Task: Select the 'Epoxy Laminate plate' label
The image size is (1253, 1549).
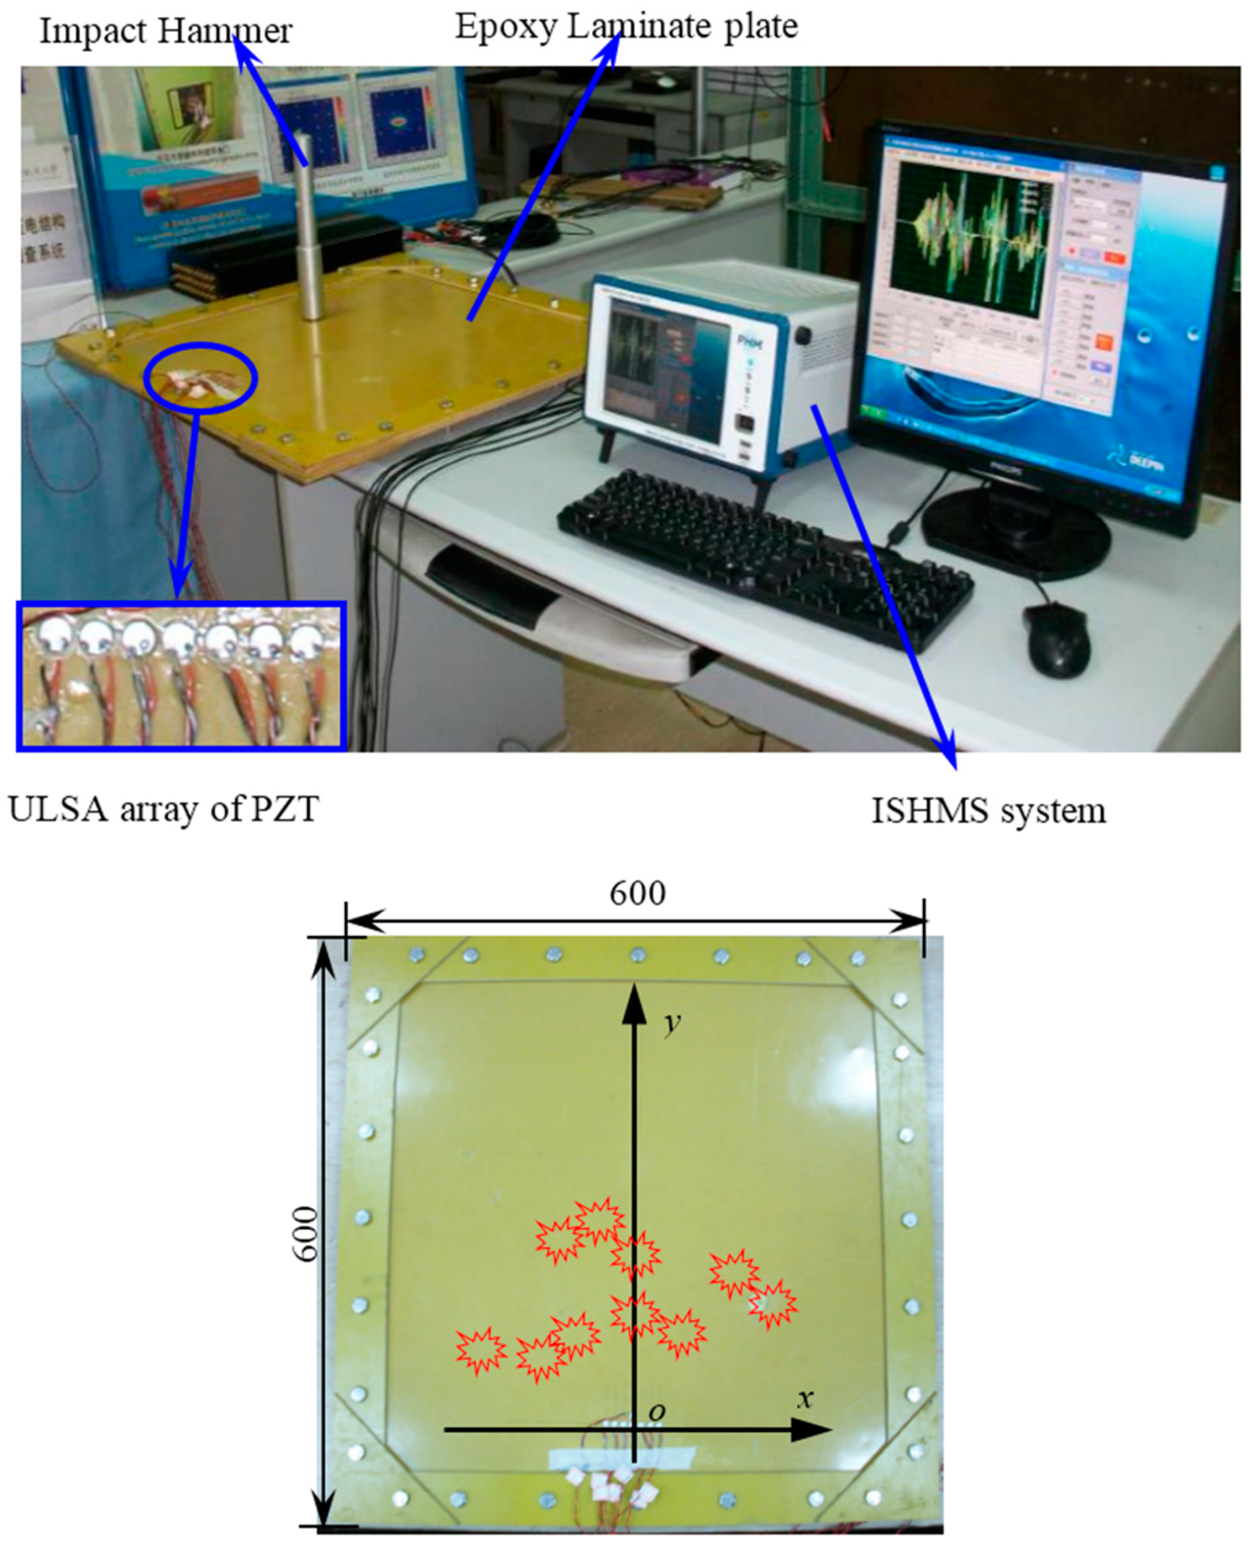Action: tap(626, 27)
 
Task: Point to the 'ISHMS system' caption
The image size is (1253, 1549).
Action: tap(988, 811)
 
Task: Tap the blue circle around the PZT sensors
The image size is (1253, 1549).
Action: tap(200, 378)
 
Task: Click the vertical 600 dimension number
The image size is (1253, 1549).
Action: tap(307, 1234)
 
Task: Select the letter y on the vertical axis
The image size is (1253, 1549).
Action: tap(672, 1022)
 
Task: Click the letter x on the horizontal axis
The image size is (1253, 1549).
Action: tap(805, 1399)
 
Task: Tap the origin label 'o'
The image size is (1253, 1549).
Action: tap(656, 1412)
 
